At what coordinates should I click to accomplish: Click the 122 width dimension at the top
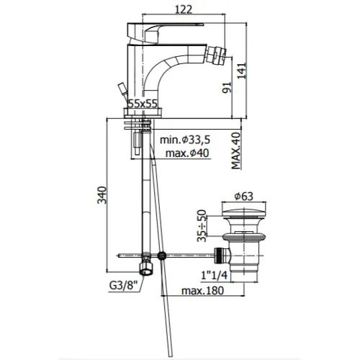184,9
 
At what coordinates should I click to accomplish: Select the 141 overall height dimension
242,71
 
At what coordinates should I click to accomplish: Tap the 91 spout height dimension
227,87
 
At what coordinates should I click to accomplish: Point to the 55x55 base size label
143,104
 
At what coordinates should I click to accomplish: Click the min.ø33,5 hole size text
185,140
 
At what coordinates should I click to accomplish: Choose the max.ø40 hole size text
187,153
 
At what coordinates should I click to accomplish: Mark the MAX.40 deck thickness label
236,150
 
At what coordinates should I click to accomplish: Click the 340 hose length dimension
102,195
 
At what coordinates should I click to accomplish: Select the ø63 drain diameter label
243,197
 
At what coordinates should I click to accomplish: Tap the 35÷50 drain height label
202,225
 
